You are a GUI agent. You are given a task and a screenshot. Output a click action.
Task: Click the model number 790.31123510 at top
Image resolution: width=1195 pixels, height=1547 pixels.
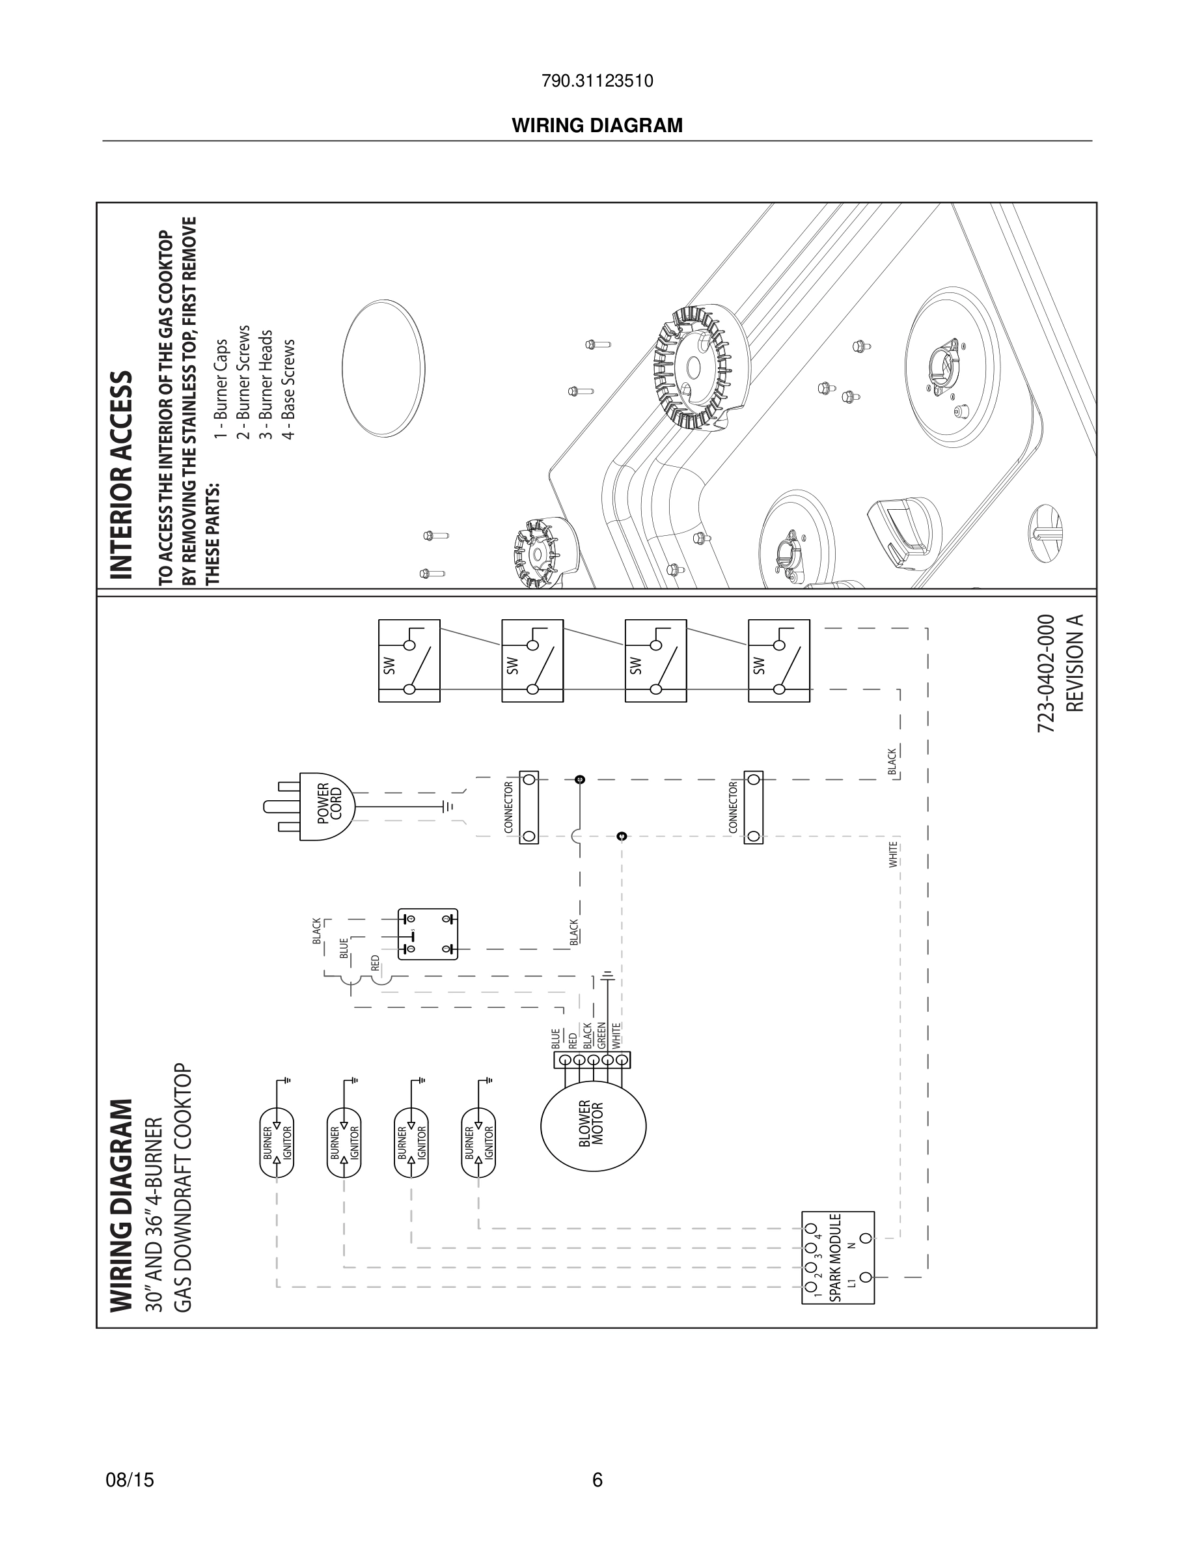pos(597,81)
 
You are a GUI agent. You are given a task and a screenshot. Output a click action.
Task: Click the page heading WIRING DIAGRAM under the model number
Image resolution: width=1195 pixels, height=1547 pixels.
pos(597,126)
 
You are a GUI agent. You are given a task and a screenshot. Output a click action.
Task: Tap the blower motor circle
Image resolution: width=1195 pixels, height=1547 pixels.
pos(593,1126)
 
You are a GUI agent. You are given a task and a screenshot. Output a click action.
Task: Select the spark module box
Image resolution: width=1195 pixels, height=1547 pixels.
pos(838,1257)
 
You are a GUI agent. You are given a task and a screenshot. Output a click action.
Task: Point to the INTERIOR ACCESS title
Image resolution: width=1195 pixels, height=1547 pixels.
pos(121,474)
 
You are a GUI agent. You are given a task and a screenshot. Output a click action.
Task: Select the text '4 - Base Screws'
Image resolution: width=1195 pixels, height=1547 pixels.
pos(288,389)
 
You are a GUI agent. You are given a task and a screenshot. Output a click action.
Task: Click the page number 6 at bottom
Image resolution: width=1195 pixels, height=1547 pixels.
pos(597,1480)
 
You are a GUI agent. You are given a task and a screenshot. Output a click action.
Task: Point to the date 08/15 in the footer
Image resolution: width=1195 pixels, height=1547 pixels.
pos(130,1480)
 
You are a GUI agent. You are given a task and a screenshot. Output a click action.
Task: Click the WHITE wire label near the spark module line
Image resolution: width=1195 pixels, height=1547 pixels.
pos(894,854)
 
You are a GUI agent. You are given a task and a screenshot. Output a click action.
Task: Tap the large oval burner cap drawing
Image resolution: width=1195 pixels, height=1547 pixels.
pos(383,368)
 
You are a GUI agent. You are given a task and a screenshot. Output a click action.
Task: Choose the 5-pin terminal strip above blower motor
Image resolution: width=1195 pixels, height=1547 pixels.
pos(592,1061)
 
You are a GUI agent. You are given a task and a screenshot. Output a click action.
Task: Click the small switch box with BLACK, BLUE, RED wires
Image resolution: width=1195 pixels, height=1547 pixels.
pos(428,934)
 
